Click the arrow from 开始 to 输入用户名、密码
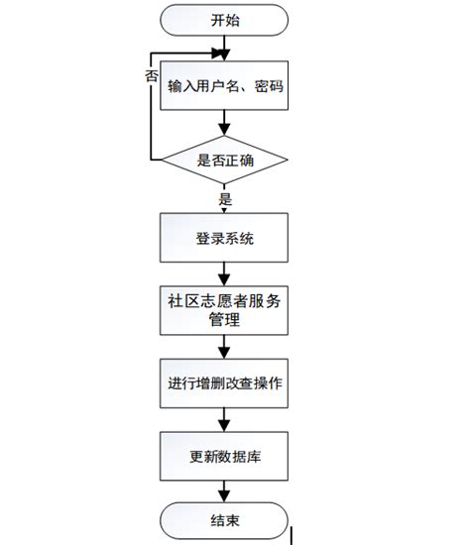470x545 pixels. click(x=226, y=47)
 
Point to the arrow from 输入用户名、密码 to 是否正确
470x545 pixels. click(x=226, y=124)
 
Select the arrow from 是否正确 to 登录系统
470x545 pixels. click(x=226, y=202)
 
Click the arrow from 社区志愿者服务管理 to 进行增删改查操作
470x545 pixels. click(x=226, y=348)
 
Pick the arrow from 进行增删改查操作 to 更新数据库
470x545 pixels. click(x=226, y=419)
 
